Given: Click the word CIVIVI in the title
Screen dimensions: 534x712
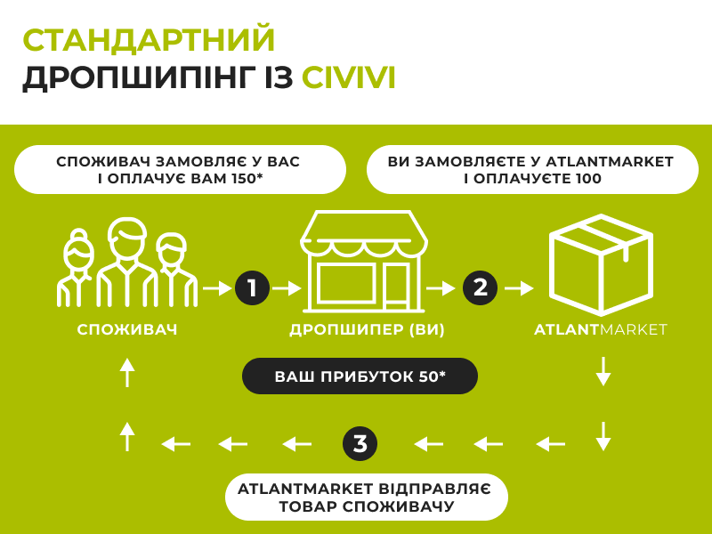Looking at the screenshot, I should click(348, 77).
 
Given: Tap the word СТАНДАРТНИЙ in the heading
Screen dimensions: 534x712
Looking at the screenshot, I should click(149, 40).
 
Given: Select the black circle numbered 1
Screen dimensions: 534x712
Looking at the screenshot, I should click(252, 287).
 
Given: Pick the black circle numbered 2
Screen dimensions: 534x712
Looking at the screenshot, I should click(481, 287).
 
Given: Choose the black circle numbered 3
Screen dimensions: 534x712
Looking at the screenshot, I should click(360, 442).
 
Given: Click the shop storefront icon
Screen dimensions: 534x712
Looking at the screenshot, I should click(364, 262).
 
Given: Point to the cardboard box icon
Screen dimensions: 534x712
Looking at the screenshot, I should click(600, 263).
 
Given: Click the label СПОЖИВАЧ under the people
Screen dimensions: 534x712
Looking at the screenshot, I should click(127, 330).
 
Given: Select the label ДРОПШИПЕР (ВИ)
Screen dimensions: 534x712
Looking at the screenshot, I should click(367, 330).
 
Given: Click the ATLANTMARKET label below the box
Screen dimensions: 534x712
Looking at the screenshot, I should click(600, 330).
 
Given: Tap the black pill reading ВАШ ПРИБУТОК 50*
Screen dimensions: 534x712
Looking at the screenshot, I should click(360, 376).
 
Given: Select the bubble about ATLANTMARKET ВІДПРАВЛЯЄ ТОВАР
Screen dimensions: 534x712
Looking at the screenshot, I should click(366, 498).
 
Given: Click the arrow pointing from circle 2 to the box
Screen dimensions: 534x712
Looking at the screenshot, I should click(520, 287).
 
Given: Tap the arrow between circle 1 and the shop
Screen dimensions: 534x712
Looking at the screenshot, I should click(287, 287).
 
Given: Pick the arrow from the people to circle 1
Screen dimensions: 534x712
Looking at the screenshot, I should click(217, 287).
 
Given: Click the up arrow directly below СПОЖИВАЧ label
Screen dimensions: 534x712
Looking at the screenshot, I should click(127, 372).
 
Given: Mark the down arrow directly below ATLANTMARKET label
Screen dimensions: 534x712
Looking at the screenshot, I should click(603, 370).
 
